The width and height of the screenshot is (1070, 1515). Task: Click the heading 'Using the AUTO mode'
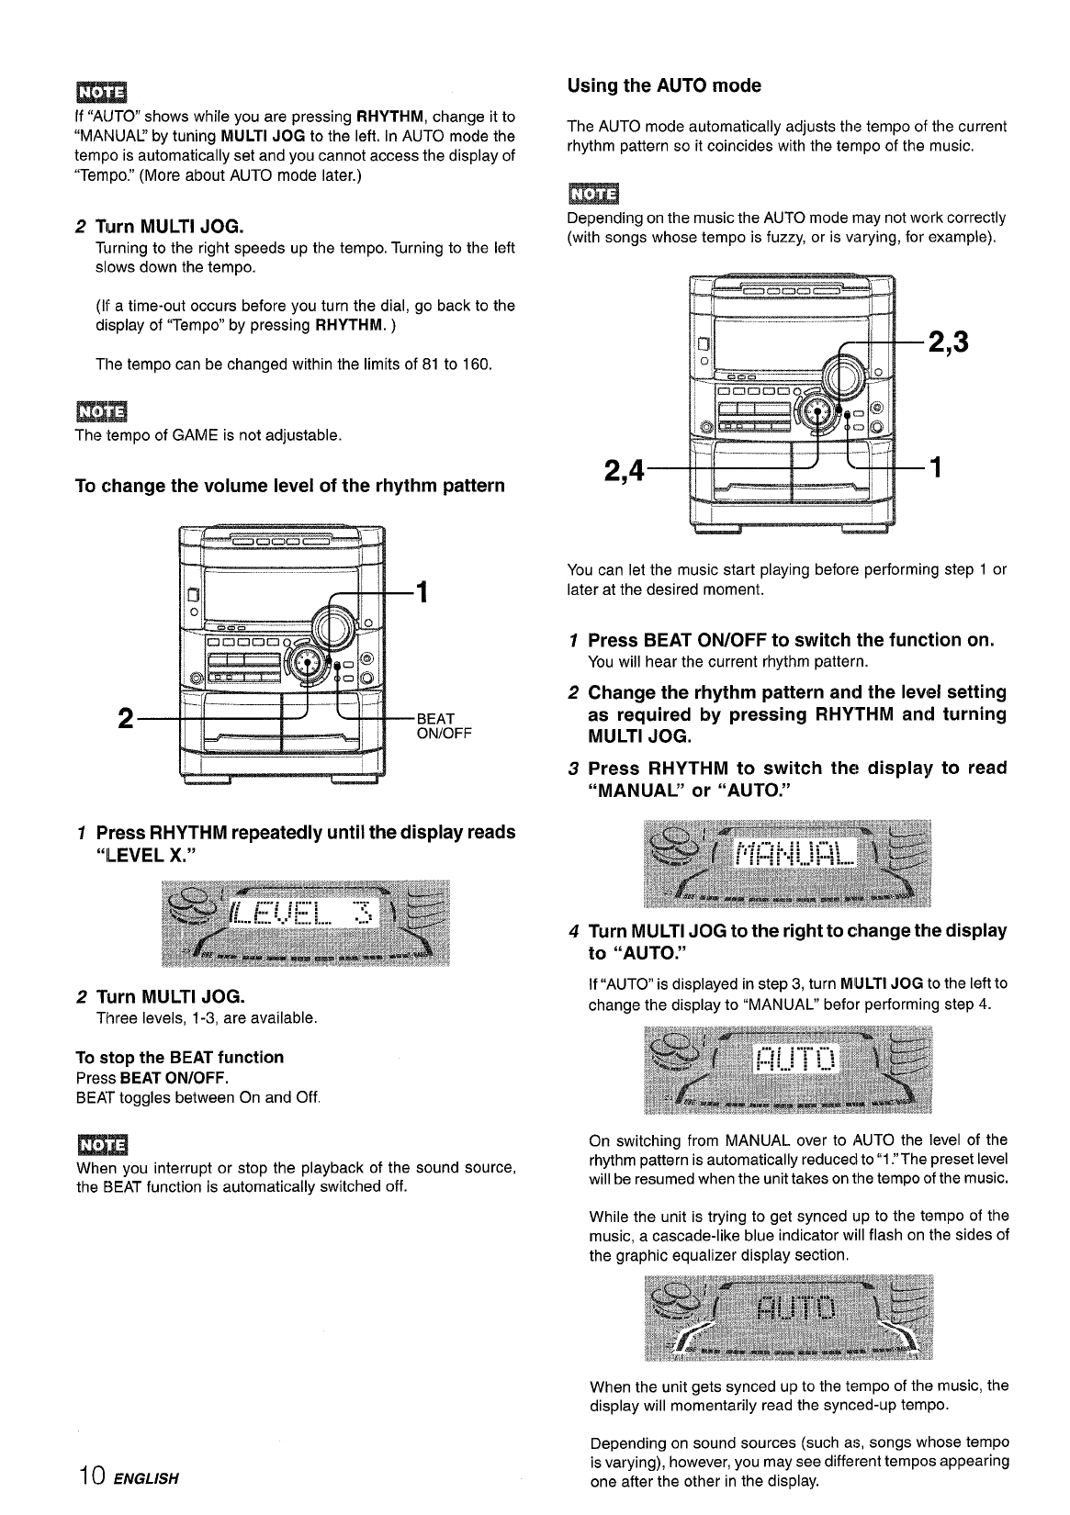pos(664,86)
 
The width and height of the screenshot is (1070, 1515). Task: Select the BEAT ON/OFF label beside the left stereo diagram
pos(444,726)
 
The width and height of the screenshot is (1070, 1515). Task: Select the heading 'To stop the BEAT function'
pos(180,1057)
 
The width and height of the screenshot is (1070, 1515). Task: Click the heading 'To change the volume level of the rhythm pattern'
pos(289,485)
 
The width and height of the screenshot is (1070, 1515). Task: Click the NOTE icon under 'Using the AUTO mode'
pos(594,194)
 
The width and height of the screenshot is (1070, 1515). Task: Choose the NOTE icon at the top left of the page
pos(103,94)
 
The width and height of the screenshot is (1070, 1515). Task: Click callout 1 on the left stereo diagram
pos(422,592)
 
